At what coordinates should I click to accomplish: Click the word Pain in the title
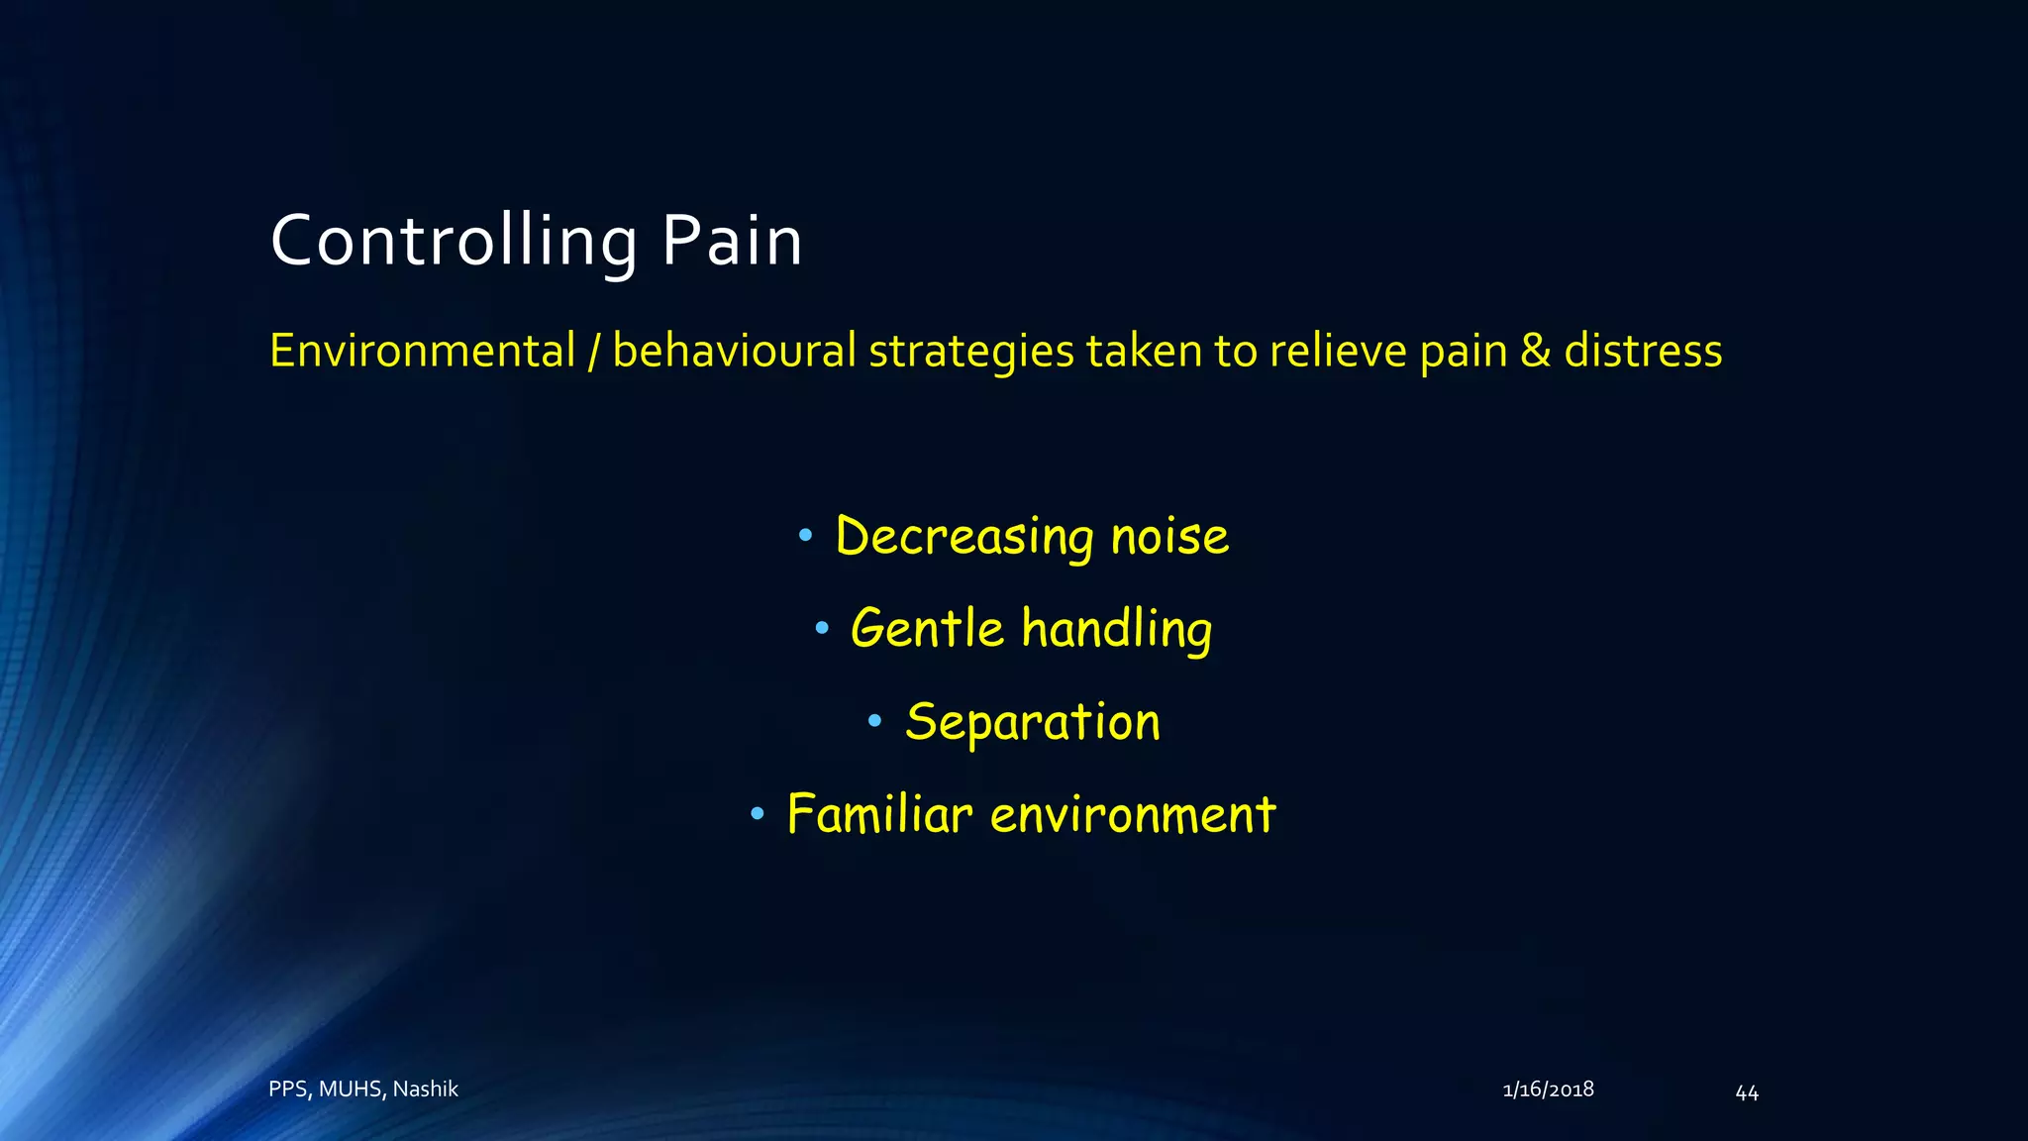(x=732, y=241)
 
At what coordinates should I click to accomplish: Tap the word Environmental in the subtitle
(x=423, y=351)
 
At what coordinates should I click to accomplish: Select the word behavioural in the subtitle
(x=735, y=351)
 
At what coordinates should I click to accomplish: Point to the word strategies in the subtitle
(x=971, y=351)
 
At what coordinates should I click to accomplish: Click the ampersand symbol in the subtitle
(x=1535, y=351)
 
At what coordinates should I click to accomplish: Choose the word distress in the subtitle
(x=1643, y=351)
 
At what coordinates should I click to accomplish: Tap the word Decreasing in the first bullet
(x=964, y=537)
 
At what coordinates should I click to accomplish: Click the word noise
(x=1169, y=537)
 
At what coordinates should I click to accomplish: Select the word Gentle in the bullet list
(x=927, y=629)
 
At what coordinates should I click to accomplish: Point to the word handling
(x=1116, y=629)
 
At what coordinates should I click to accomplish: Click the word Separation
(x=1032, y=722)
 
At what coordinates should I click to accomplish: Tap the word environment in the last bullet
(x=1133, y=814)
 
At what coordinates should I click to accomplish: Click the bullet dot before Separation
(x=874, y=722)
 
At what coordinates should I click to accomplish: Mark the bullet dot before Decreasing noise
(x=805, y=537)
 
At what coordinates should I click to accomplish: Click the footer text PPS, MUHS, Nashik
(x=363, y=1089)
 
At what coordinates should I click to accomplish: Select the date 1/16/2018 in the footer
(x=1548, y=1089)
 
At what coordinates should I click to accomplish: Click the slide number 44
(x=1747, y=1092)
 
